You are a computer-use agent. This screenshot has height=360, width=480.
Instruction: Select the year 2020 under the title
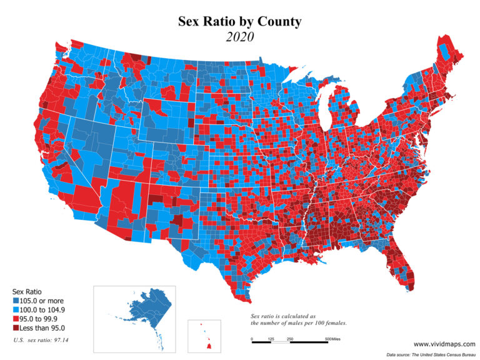point(239,37)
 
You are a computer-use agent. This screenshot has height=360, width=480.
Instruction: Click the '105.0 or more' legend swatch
point(15,301)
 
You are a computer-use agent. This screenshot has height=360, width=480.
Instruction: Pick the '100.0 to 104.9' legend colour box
point(15,309)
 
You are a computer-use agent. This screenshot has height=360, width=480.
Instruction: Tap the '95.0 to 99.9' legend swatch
point(15,318)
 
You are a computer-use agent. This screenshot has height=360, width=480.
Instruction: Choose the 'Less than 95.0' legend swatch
point(15,327)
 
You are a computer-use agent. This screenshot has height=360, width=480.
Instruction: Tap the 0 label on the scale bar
point(252,339)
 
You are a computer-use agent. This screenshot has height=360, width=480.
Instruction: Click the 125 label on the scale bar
point(271,339)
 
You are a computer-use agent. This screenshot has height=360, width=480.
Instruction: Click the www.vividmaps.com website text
point(444,343)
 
